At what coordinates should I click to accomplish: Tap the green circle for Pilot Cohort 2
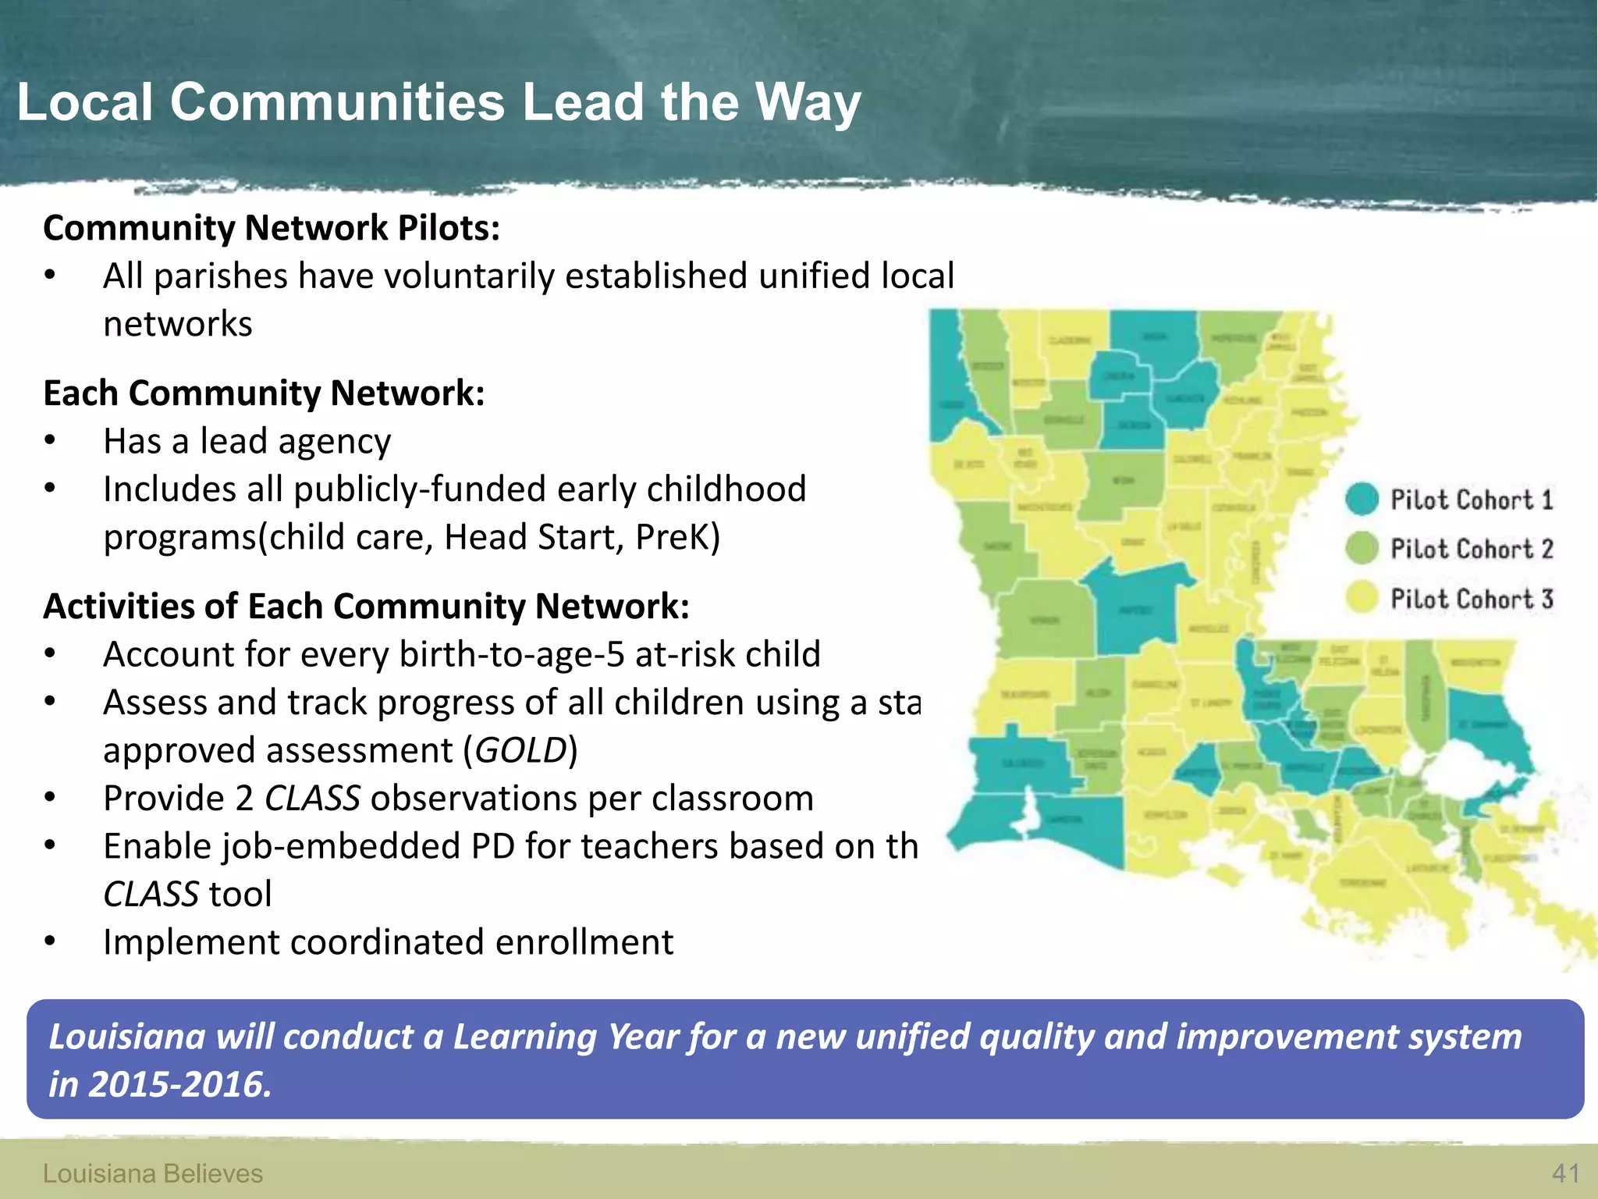1362,549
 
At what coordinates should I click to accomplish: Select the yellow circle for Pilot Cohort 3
1362,599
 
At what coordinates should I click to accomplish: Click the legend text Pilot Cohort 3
1472,599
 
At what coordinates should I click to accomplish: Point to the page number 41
1565,1173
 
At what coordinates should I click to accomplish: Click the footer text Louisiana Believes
153,1173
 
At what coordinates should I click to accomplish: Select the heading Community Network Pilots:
272,228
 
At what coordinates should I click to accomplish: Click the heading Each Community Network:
264,393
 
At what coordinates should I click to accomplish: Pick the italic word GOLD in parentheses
520,750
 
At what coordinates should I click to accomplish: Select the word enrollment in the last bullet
584,942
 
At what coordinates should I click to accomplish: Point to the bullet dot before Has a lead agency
50,442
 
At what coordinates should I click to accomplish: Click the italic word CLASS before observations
312,799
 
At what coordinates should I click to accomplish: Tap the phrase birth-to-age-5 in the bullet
512,654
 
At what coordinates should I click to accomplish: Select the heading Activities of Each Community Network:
367,606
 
